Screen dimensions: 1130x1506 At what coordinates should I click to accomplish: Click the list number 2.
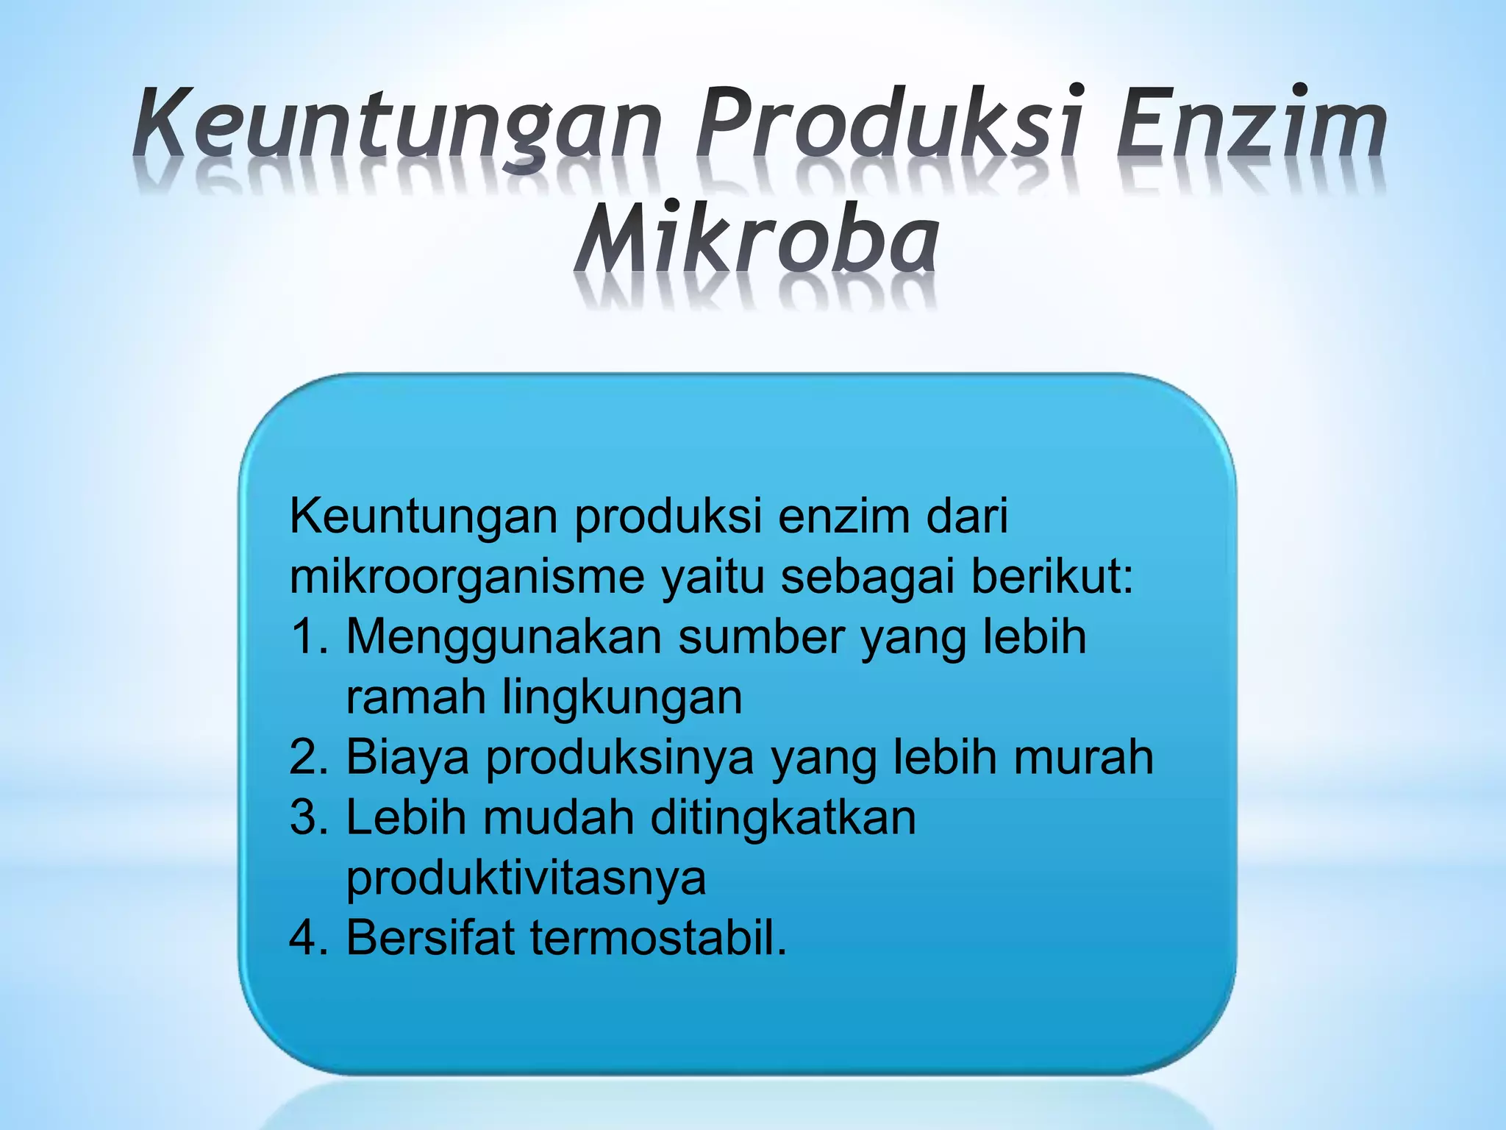click(x=308, y=757)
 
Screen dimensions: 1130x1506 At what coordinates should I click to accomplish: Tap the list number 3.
click(x=308, y=817)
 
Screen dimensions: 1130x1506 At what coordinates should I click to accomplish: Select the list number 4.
click(x=308, y=938)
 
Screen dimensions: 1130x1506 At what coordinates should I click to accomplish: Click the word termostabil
click(x=658, y=938)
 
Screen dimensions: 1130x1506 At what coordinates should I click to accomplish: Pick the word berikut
click(x=1052, y=577)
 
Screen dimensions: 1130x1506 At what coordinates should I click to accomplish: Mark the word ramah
click(x=415, y=697)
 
